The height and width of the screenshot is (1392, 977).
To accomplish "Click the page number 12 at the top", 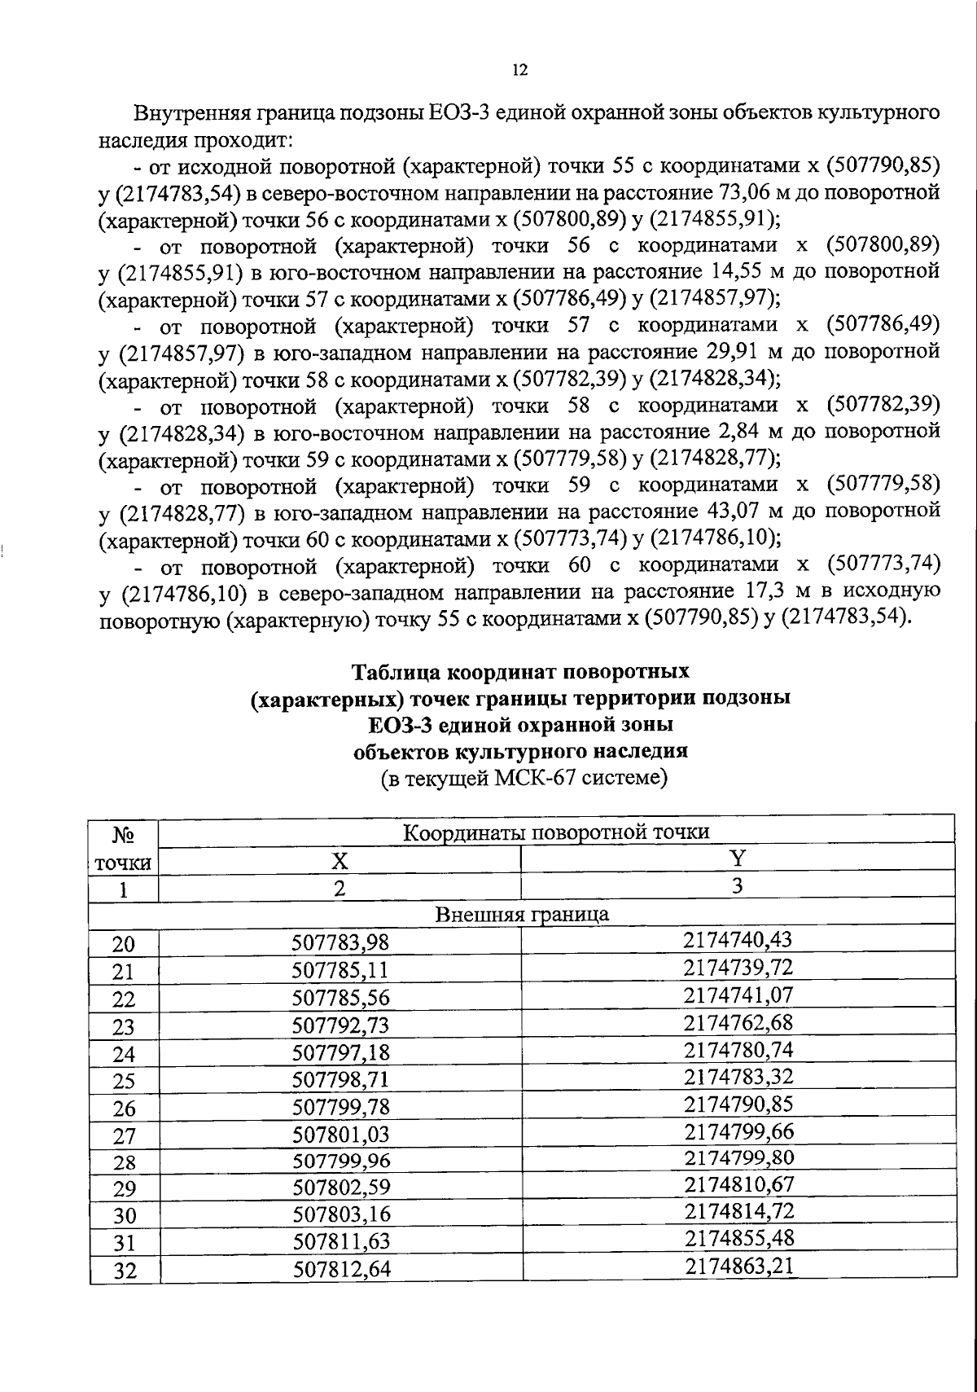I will click(x=520, y=70).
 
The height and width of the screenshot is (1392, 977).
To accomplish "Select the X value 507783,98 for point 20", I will click(x=340, y=943).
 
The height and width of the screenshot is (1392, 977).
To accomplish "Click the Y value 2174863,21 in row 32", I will click(x=738, y=1265).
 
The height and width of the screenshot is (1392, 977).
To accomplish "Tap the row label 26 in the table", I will click(x=124, y=1108).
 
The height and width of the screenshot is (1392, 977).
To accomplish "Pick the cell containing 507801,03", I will click(x=340, y=1135).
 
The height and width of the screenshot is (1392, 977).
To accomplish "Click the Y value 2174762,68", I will click(x=738, y=1021).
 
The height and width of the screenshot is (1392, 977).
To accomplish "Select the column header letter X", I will click(x=339, y=860).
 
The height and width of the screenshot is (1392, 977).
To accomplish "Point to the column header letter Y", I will click(x=737, y=858).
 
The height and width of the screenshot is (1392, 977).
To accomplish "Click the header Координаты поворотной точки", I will click(x=557, y=832).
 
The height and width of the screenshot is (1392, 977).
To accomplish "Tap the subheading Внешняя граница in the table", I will click(x=522, y=914).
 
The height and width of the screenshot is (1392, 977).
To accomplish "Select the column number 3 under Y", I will click(x=737, y=886).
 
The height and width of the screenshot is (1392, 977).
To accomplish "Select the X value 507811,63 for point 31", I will click(x=340, y=1241).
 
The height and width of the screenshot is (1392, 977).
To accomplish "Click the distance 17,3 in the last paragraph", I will click(x=762, y=591).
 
